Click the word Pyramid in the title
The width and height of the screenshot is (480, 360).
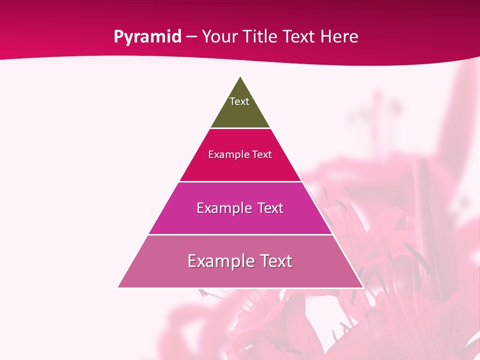coord(147,37)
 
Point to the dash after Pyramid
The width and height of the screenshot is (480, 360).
coord(191,37)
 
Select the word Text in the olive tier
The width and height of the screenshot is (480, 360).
coord(239,101)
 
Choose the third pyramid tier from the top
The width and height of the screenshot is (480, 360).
coord(240,220)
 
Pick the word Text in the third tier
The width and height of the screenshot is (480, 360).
coord(270,208)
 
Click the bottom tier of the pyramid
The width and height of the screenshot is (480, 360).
coord(240,275)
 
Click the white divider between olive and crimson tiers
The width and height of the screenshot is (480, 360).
coord(240,128)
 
